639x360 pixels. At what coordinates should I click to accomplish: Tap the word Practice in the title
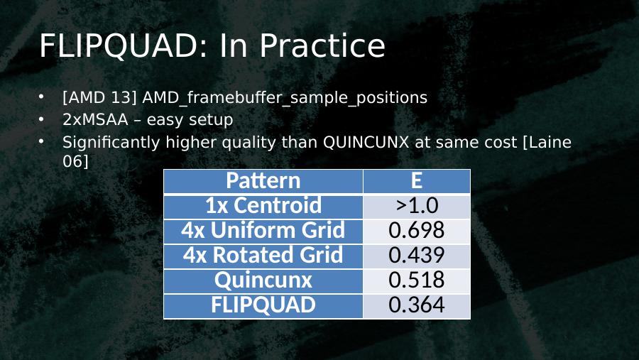click(x=322, y=45)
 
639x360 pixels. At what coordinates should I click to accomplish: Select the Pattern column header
click(x=263, y=180)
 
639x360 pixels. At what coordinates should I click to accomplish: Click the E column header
click(x=417, y=180)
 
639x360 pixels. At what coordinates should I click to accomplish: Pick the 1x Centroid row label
click(x=263, y=205)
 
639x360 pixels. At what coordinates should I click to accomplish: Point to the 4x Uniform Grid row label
click(x=263, y=230)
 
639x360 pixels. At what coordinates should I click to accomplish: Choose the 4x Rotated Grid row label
click(x=263, y=255)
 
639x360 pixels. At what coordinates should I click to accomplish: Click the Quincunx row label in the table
click(x=263, y=280)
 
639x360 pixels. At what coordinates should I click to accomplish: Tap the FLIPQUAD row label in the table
click(x=263, y=305)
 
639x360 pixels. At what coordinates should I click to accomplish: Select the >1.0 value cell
click(x=417, y=205)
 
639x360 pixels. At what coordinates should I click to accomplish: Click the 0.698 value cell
click(x=417, y=230)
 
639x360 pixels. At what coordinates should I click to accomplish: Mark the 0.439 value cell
click(x=417, y=255)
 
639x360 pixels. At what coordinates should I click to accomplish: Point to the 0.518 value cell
click(x=417, y=280)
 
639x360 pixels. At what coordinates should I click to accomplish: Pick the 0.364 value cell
click(x=417, y=305)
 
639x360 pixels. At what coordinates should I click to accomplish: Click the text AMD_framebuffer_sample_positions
click(x=285, y=98)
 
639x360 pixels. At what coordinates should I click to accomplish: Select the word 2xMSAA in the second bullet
click(x=95, y=120)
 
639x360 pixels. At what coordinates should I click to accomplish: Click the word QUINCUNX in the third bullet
click(x=366, y=142)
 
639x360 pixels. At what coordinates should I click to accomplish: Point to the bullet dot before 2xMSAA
click(x=41, y=119)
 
